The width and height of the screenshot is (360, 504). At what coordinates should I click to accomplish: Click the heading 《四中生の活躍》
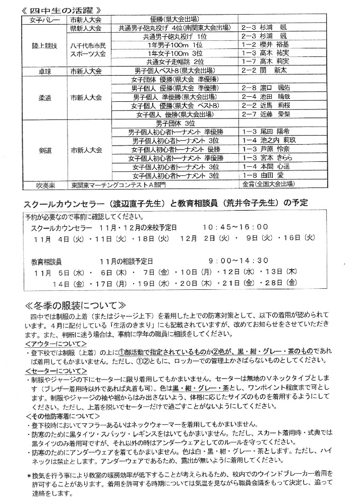click(x=63, y=10)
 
